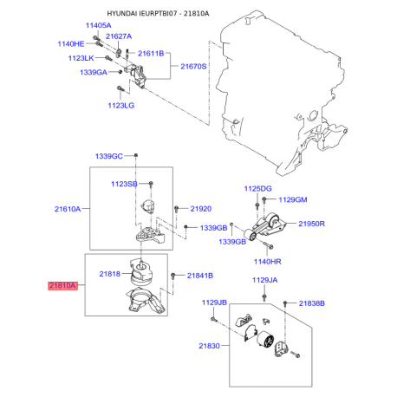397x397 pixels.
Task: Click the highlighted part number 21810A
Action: [x=63, y=284]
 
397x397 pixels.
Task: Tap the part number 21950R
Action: [x=312, y=225]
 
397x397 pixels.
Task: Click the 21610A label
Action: [x=68, y=209]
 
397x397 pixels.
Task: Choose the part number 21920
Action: [x=201, y=209]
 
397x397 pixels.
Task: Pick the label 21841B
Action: [x=200, y=276]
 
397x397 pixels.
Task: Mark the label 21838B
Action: [x=312, y=303]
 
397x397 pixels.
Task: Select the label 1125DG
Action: [x=257, y=188]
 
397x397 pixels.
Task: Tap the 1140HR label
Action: [x=269, y=261]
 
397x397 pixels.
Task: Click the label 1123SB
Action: [x=123, y=184]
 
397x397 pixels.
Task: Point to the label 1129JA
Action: [x=265, y=280]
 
